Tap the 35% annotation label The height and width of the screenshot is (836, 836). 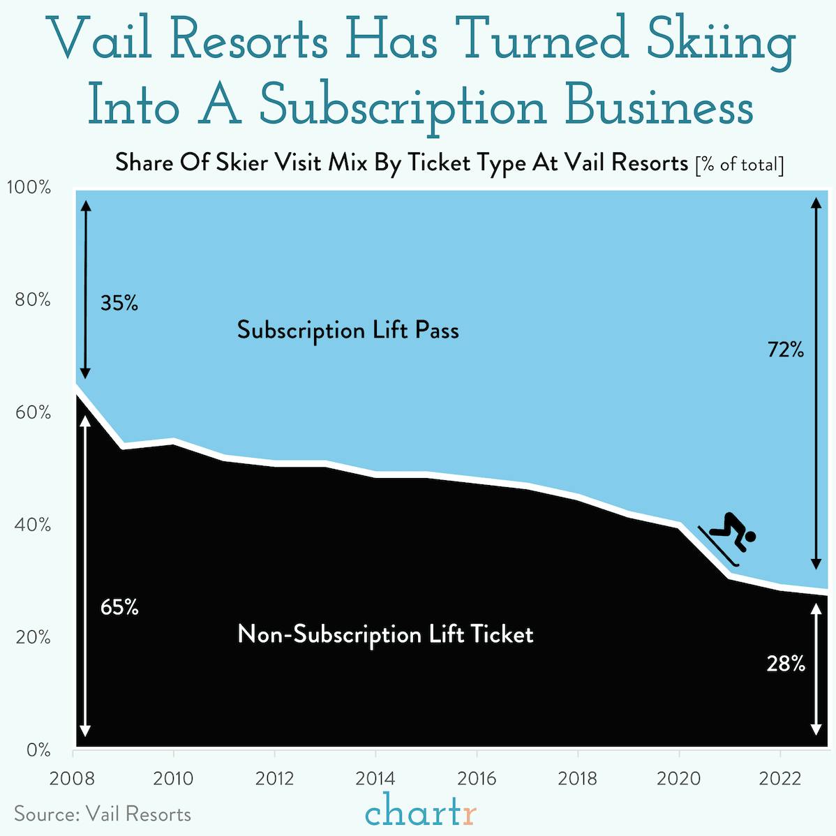pos(119,304)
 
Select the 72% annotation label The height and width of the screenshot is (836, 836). pos(786,350)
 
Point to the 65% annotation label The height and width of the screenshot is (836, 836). pos(119,608)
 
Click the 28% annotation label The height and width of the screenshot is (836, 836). pos(786,664)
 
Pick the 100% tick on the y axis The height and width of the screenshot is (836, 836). pos(29,188)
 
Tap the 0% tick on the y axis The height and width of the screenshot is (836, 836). pos(38,751)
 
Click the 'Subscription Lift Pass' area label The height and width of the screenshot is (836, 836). pos(348,330)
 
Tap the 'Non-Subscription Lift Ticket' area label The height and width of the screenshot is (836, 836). pos(385,634)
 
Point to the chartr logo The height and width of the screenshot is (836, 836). pos(421,812)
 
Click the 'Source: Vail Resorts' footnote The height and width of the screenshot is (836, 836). pos(103,814)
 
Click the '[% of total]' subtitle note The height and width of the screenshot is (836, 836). pos(740,165)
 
